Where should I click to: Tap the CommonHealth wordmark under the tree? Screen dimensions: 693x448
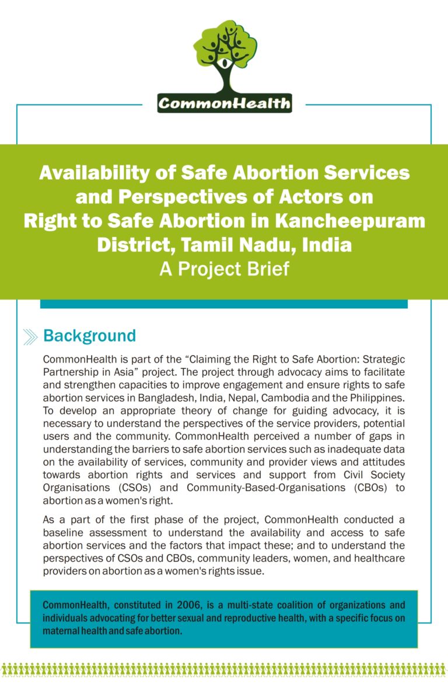(x=225, y=104)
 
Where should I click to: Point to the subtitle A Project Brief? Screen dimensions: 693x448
(x=224, y=270)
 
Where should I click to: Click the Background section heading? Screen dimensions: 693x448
(x=89, y=336)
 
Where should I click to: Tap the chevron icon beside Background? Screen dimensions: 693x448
(x=30, y=337)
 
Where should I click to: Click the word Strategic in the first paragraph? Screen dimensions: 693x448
(x=384, y=358)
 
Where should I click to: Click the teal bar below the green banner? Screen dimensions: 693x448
(x=223, y=304)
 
